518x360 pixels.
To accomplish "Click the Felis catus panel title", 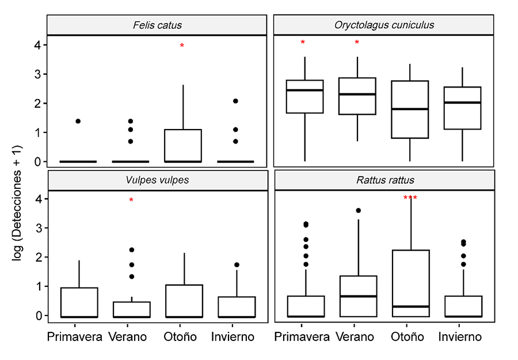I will (157, 25).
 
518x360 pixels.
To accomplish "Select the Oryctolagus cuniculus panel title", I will (384, 25).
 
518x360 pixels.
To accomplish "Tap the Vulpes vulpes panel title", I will (157, 180).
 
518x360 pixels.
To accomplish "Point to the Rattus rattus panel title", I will (384, 180).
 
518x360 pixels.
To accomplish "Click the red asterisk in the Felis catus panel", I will (182, 46).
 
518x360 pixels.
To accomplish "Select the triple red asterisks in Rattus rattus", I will (410, 199).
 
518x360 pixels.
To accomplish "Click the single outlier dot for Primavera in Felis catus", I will (78, 121).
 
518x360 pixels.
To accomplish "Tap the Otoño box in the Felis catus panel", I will (183, 145).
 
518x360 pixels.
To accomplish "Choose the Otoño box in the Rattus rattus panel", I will (410, 282).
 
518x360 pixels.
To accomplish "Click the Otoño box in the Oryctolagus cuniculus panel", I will (410, 109).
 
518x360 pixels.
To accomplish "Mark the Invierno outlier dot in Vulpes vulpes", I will (237, 265).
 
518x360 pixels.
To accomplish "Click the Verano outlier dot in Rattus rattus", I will (359, 211).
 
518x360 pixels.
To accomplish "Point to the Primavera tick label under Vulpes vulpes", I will (75, 336).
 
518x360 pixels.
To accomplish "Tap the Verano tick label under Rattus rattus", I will (358, 336).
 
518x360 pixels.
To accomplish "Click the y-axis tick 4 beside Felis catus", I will (36, 44).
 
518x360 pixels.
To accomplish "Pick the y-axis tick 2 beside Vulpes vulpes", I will (36, 257).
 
